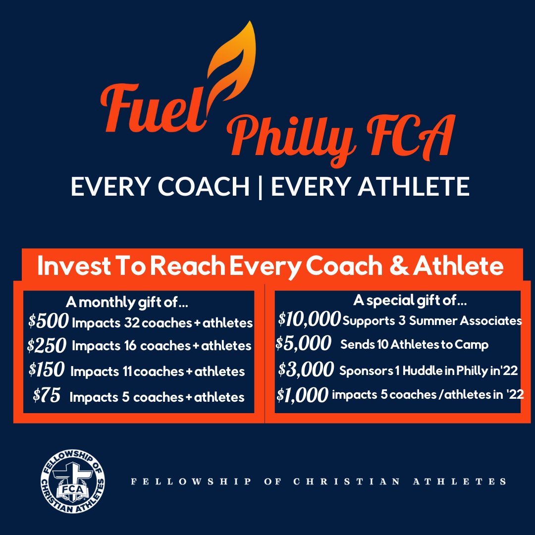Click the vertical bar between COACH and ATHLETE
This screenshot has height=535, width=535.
(261, 187)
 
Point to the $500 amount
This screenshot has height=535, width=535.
(48, 322)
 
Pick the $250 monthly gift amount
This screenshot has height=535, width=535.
(47, 345)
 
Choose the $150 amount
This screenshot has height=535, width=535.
(47, 370)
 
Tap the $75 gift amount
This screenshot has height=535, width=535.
(47, 396)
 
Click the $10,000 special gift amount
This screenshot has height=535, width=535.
(310, 320)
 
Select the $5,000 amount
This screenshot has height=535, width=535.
(303, 344)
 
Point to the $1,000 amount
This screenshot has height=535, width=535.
(302, 395)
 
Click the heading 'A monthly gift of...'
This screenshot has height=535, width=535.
(127, 302)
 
